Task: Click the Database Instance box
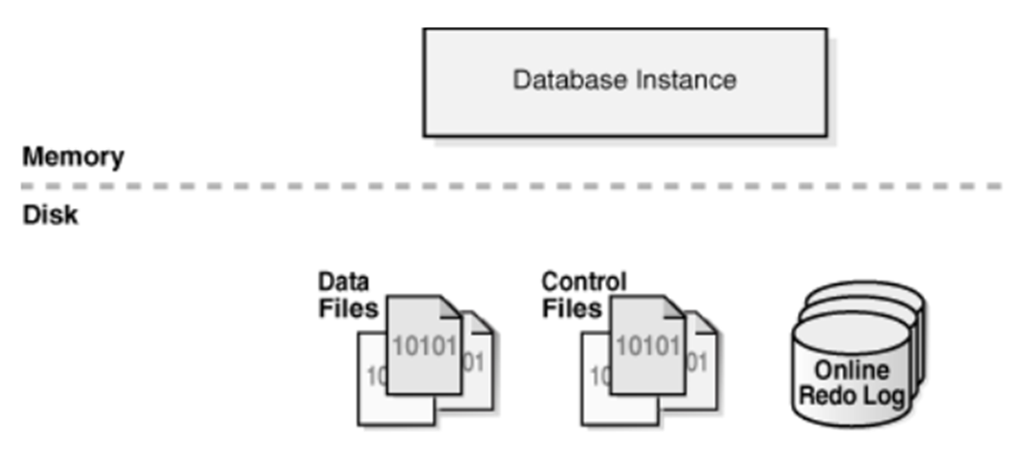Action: pyautogui.click(x=624, y=82)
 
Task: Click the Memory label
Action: pyautogui.click(x=73, y=157)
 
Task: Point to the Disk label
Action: pyautogui.click(x=50, y=215)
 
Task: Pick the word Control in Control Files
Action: pyautogui.click(x=584, y=283)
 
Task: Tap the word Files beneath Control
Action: pyautogui.click(x=572, y=308)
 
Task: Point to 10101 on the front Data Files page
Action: pyautogui.click(x=423, y=345)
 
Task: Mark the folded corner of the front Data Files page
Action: pyautogui.click(x=451, y=307)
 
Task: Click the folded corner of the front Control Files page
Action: pyautogui.click(x=674, y=307)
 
